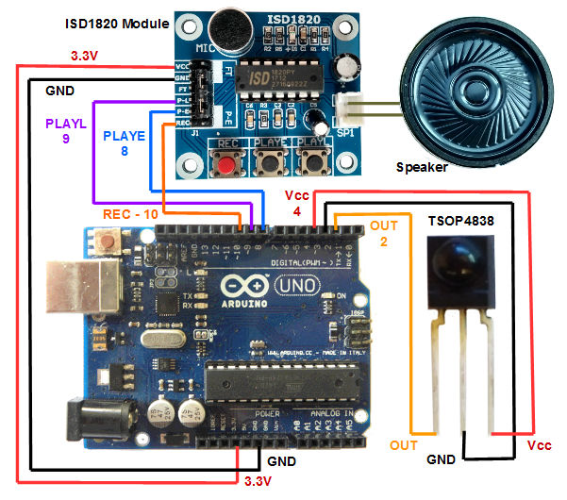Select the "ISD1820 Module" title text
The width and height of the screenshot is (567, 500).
tap(116, 23)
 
